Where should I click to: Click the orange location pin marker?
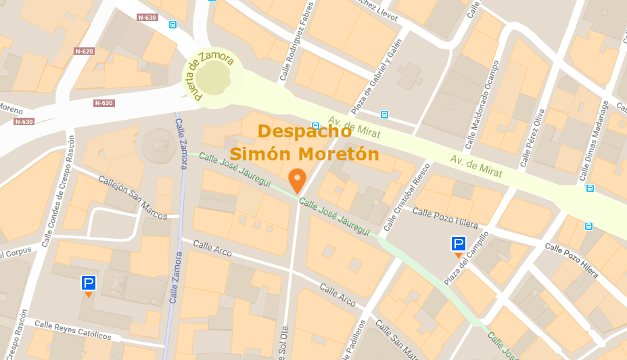[x=297, y=180]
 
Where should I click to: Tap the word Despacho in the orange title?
[x=304, y=131]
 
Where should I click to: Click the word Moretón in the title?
[x=340, y=154]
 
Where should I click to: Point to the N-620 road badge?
[x=84, y=51]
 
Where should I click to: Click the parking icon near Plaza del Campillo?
[x=459, y=244]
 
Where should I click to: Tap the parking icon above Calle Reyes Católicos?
[x=89, y=284]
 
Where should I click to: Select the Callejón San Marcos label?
[x=133, y=198]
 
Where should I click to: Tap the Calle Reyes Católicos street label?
[x=73, y=330]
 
